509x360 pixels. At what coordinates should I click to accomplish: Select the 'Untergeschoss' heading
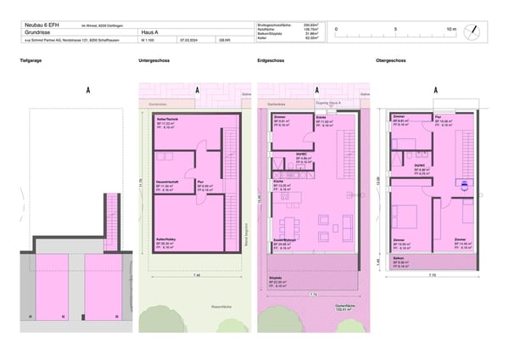coord(152,63)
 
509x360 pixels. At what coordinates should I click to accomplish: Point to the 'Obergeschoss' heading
coord(391,63)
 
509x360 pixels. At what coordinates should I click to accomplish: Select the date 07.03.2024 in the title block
coord(188,40)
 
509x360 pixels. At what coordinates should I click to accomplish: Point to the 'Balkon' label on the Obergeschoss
coord(398,257)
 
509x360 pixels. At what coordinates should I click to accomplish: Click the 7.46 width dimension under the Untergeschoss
coord(197,276)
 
